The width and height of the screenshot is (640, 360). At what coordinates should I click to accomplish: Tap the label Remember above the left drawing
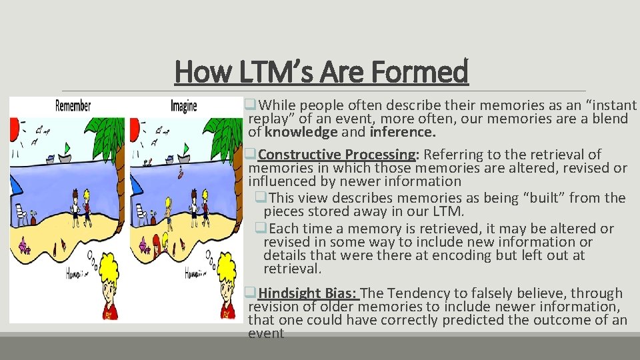coord(73,105)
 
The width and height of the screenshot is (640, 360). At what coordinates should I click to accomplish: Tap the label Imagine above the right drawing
coord(183,105)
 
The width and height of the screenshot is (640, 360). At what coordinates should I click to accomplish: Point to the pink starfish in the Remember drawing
coord(25,247)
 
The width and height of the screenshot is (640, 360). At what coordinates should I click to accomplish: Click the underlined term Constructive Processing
coord(337,155)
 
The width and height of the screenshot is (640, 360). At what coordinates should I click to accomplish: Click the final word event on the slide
coord(266,333)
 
